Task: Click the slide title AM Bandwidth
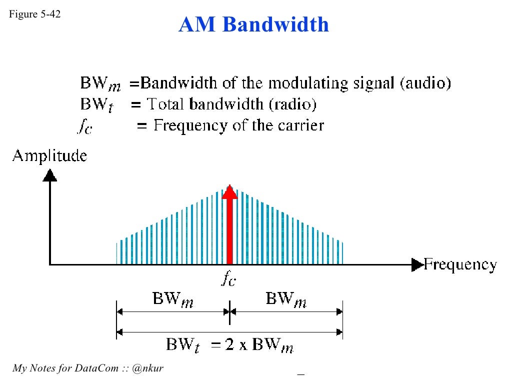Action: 253,24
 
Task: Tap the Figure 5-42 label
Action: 34,14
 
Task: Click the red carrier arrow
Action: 229,224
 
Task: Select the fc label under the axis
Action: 228,279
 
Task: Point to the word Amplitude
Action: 49,156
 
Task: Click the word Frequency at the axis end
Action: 460,264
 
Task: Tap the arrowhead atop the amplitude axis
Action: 50,174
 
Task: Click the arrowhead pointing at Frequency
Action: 417,264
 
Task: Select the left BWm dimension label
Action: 173,299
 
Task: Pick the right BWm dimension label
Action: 286,299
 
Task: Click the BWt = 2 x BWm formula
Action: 229,345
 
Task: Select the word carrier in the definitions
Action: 300,125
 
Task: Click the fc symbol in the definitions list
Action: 84,126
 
